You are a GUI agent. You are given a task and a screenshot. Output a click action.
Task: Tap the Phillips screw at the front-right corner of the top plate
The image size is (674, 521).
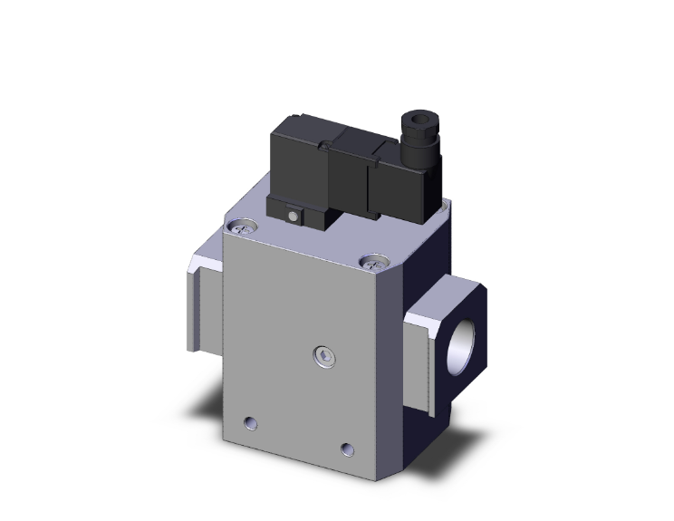pos(372,264)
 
